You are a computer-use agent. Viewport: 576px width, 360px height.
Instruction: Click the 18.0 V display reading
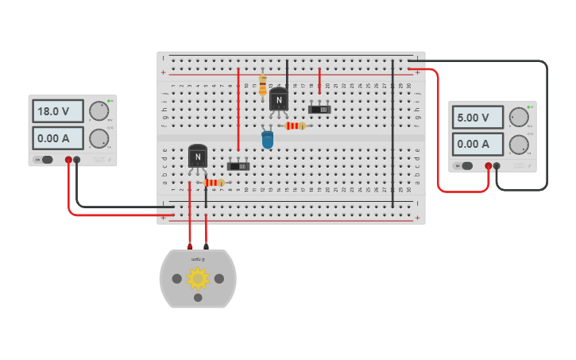click(58, 110)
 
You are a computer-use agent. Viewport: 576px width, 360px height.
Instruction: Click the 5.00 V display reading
click(477, 118)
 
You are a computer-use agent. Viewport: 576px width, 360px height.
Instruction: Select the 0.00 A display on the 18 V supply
click(58, 138)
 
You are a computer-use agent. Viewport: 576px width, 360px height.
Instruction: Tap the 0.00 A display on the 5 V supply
click(477, 144)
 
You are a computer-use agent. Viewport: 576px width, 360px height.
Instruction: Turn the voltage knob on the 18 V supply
click(99, 110)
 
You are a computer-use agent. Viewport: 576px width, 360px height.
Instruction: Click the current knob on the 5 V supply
click(518, 144)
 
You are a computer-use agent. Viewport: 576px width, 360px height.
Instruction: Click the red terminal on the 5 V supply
click(488, 166)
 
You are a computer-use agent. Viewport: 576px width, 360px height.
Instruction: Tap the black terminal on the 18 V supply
click(77, 160)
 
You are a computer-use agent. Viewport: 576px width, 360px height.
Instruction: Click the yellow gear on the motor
click(198, 278)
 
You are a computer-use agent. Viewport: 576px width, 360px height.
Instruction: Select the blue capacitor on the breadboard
click(268, 140)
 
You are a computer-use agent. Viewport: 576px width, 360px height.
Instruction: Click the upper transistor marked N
click(278, 99)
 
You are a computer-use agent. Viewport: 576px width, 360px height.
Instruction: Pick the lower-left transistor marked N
click(198, 157)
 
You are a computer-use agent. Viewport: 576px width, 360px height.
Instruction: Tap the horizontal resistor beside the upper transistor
click(295, 126)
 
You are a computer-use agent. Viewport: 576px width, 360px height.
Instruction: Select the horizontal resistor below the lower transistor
click(213, 183)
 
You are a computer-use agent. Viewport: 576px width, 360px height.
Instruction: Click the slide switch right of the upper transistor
click(319, 109)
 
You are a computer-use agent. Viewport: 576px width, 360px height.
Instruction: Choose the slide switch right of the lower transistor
click(238, 166)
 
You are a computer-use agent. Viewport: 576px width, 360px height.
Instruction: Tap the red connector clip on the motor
click(190, 247)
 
